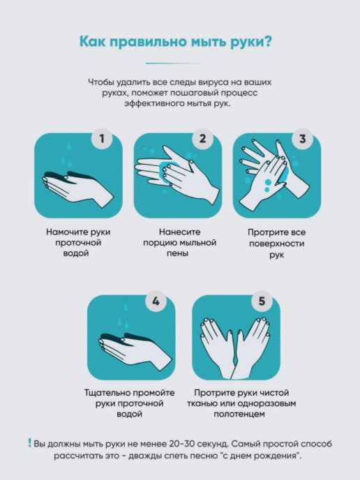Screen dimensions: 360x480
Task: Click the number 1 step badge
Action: point(102,139)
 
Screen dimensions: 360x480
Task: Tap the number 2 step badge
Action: point(202,139)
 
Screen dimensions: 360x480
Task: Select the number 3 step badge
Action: point(303,139)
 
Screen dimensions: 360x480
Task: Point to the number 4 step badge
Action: point(156,301)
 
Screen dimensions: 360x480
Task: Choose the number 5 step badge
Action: point(262,301)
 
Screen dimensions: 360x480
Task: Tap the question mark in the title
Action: point(267,40)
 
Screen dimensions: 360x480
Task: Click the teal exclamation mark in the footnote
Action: point(30,442)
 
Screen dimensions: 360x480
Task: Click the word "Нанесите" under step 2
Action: point(180,232)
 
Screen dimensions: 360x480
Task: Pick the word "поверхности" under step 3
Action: point(277,243)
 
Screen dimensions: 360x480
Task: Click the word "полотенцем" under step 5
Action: point(239,414)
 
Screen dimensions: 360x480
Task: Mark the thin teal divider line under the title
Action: point(174,63)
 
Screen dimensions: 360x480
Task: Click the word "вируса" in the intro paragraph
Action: point(213,82)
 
